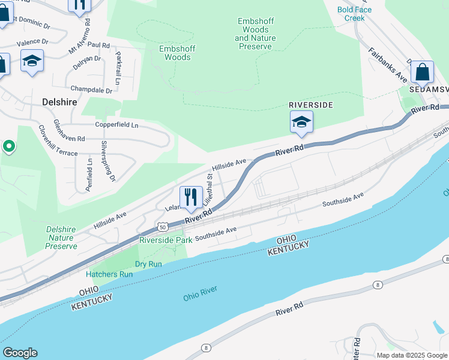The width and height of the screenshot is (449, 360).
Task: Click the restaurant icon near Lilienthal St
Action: [x=191, y=197]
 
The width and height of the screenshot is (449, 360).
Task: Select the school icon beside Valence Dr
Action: [x=32, y=61]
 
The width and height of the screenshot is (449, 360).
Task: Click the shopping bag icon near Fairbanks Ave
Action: [x=423, y=72]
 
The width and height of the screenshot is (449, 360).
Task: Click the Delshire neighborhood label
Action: [x=60, y=102]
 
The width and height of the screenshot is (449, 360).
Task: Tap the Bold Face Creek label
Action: [x=354, y=13]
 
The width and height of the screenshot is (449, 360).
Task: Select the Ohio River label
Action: [x=200, y=293]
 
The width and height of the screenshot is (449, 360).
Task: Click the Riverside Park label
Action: [x=166, y=240]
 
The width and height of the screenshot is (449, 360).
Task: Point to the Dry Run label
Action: [x=148, y=264]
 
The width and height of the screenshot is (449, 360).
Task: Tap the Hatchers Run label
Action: [x=109, y=274]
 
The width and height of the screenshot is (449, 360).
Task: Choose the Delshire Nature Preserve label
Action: [x=61, y=238]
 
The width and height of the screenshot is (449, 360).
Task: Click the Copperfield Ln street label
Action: [x=116, y=125]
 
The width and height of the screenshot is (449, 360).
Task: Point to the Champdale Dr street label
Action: [x=91, y=89]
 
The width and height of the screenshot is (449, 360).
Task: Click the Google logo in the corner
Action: [x=19, y=353]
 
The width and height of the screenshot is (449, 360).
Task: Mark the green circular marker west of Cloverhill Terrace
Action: [x=8, y=146]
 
